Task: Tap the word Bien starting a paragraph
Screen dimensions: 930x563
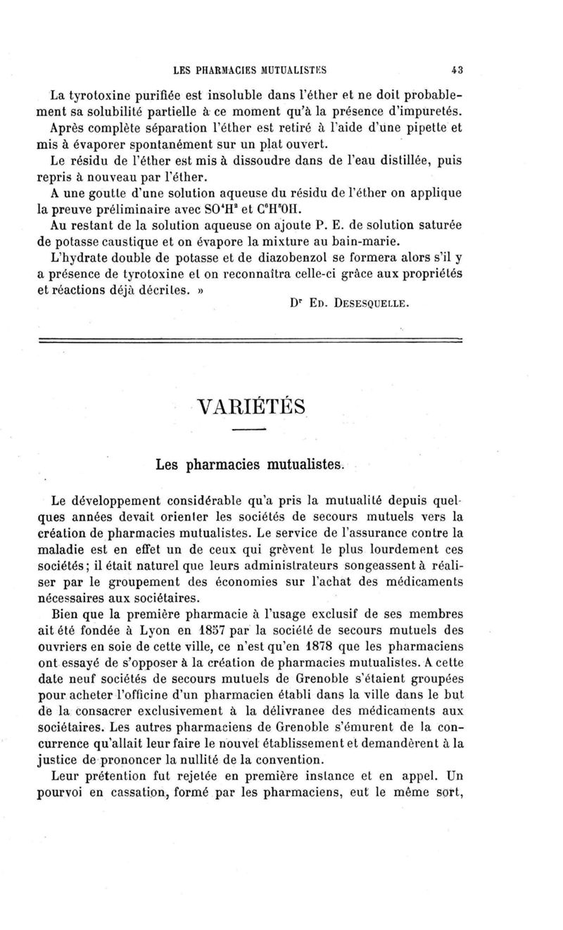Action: click(68, 613)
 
